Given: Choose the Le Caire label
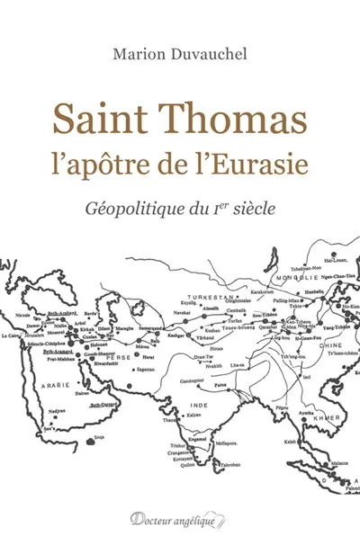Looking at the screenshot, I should click(11, 335).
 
